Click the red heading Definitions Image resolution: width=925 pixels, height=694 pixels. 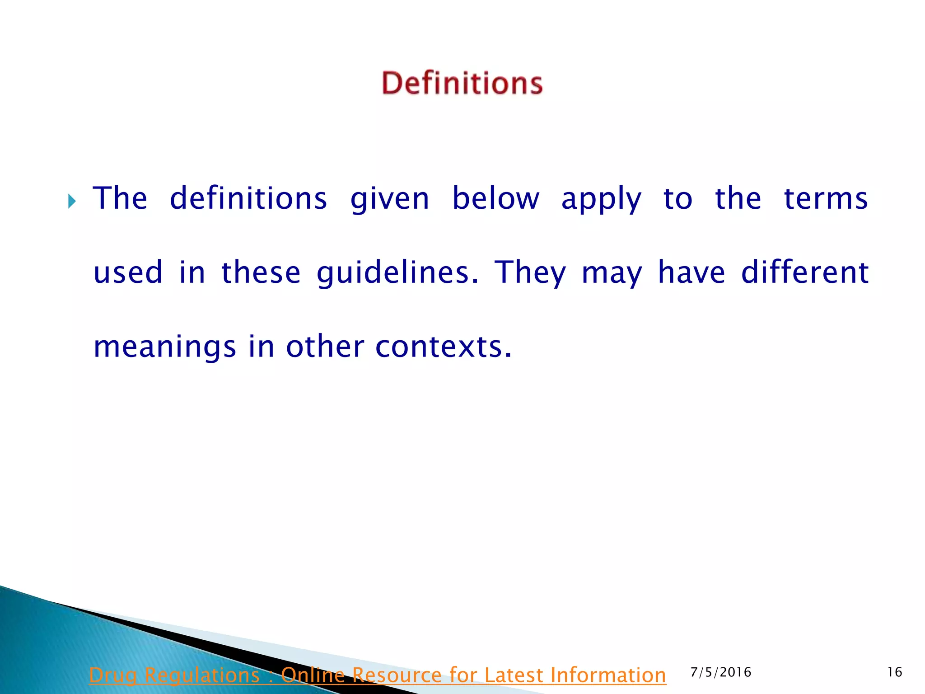462,83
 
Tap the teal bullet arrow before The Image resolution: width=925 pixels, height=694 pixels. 72,201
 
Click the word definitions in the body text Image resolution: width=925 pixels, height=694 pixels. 248,198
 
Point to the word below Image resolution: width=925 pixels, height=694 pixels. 496,198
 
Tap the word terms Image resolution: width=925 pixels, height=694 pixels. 826,198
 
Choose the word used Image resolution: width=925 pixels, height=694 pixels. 128,272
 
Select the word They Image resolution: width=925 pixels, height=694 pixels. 530,273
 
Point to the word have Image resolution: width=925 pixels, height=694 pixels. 691,272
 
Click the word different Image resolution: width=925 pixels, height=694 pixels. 805,272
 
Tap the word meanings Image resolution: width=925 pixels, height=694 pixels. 165,347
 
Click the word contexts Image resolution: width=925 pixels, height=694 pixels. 444,347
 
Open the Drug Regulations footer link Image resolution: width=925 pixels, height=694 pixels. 378,675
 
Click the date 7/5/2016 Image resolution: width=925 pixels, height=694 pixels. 721,672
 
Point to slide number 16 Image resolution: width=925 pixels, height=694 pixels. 895,672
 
